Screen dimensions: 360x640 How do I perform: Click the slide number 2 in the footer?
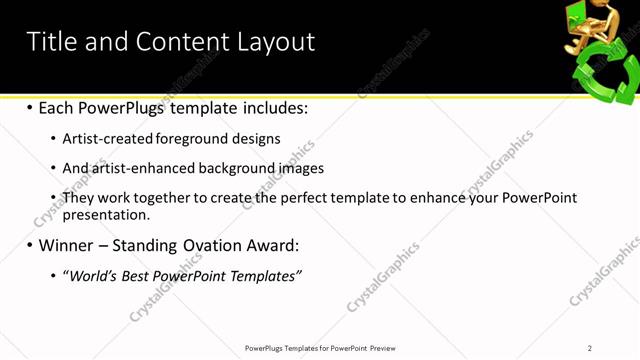click(x=590, y=348)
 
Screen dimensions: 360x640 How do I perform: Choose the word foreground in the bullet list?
click(x=190, y=139)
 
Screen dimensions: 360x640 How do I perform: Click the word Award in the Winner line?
click(x=269, y=244)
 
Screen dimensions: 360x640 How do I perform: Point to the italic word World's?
click(x=91, y=275)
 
